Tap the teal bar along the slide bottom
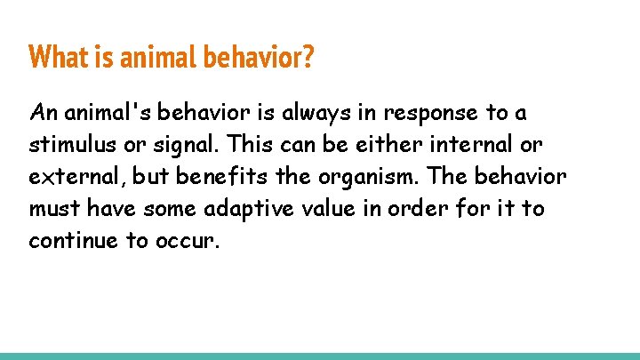point(320,356)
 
